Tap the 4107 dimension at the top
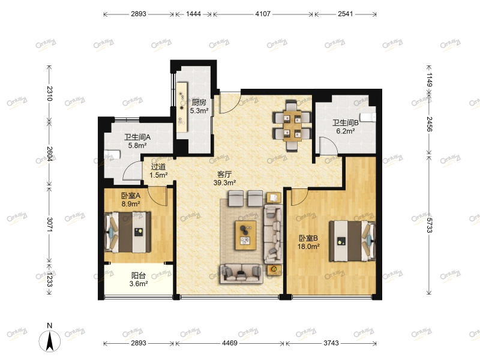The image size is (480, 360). click(x=263, y=13)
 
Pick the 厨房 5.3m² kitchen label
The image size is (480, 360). click(x=199, y=106)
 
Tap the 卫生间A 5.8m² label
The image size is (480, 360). click(x=137, y=140)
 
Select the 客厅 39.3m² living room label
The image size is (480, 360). click(x=226, y=178)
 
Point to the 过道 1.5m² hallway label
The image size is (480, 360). click(x=159, y=171)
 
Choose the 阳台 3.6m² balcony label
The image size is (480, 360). click(x=139, y=280)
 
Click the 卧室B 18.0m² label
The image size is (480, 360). click(x=310, y=242)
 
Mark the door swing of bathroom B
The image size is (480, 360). click(x=328, y=146)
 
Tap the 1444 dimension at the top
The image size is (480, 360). click(x=194, y=13)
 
